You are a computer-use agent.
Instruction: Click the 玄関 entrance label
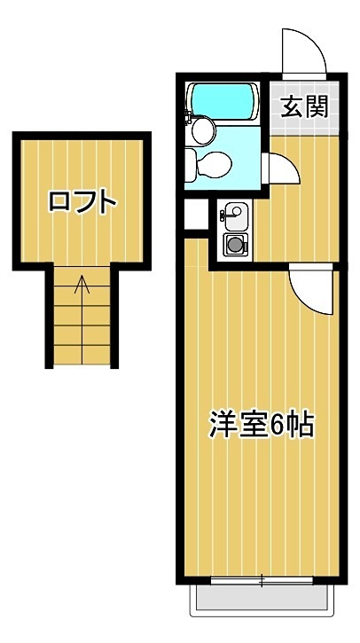(x=305, y=107)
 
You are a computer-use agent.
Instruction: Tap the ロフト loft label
(x=82, y=201)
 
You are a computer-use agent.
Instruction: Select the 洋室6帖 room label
(x=262, y=425)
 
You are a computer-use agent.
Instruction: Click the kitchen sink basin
(x=233, y=212)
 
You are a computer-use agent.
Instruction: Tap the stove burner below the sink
(x=234, y=244)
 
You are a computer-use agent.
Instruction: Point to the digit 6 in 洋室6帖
(x=276, y=425)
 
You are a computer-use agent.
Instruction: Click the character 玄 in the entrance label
(x=293, y=107)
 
